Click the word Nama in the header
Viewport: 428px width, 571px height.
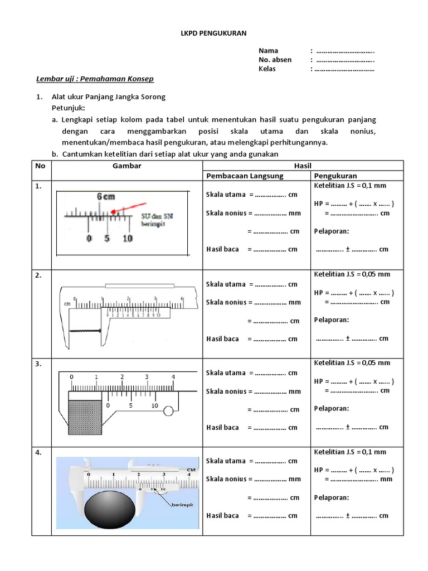[268, 51]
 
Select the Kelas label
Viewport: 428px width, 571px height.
[267, 69]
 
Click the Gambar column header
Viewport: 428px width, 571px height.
[127, 166]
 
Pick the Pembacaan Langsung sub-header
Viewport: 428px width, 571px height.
[245, 176]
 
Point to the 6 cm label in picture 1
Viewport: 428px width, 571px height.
[106, 197]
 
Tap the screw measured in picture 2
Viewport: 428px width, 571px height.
[85, 331]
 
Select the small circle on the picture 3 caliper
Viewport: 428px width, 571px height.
[168, 412]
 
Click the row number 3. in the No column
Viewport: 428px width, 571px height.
[39, 364]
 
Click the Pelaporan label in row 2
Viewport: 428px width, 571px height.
[331, 320]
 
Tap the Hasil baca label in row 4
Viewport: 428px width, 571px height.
[222, 516]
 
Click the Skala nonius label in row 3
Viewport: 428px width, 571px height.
[226, 391]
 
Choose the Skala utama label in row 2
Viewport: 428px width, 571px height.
[226, 284]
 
